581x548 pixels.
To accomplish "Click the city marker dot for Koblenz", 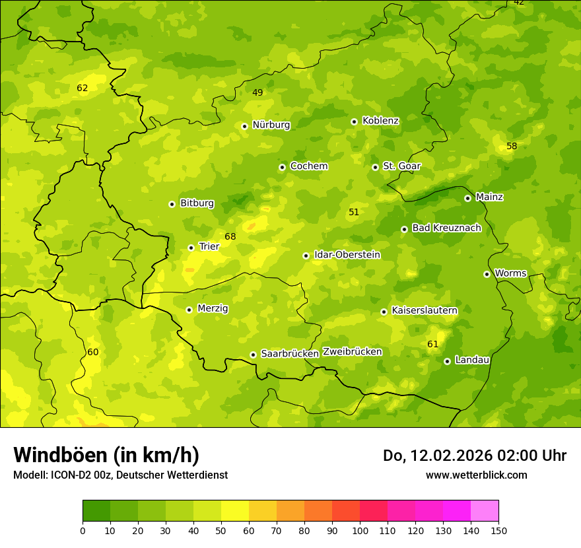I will coord(354,121).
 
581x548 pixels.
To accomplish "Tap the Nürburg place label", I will coord(271,125).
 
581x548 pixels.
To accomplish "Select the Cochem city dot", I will coord(282,167).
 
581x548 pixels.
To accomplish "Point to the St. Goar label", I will coord(401,166).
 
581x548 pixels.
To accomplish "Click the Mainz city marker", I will coord(467,198).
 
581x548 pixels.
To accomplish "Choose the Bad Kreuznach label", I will coord(446,228).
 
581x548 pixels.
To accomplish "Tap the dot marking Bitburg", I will coord(172,204).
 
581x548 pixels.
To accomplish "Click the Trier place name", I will coord(209,246).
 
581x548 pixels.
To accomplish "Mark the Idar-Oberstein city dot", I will coord(306,256).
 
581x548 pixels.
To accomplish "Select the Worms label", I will coord(510,273).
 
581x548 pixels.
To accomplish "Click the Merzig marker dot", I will coord(189,310).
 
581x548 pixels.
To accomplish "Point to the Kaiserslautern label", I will coord(425,310).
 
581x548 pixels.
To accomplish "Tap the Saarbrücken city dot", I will coord(253,355).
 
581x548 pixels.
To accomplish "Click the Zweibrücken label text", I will coord(352,352).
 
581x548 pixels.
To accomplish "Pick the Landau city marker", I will coord(447,361).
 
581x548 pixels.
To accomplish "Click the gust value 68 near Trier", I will coord(230,237).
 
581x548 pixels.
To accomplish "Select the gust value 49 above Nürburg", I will coord(257,93).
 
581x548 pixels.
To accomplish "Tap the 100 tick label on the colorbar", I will coord(360,530).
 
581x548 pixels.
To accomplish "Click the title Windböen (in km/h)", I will coord(106,455).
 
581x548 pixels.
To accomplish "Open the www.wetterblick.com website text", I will coord(476,475).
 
